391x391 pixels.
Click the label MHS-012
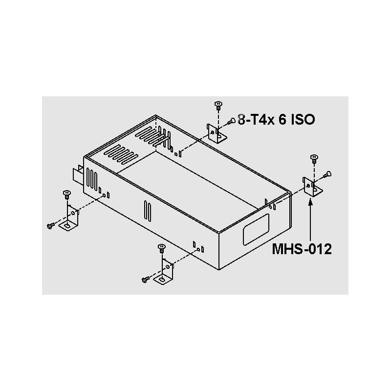pyautogui.click(x=302, y=249)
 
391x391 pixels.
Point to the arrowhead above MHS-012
pyautogui.click(x=310, y=201)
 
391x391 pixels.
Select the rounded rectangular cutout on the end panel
pyautogui.click(x=256, y=229)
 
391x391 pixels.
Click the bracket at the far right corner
pyautogui.click(x=313, y=187)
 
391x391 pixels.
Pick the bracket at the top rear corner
pyautogui.click(x=217, y=133)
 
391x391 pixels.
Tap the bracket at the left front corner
pyautogui.click(x=69, y=217)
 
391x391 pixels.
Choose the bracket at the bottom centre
pyautogui.click(x=164, y=272)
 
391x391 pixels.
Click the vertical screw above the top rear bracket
pyautogui.click(x=218, y=106)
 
